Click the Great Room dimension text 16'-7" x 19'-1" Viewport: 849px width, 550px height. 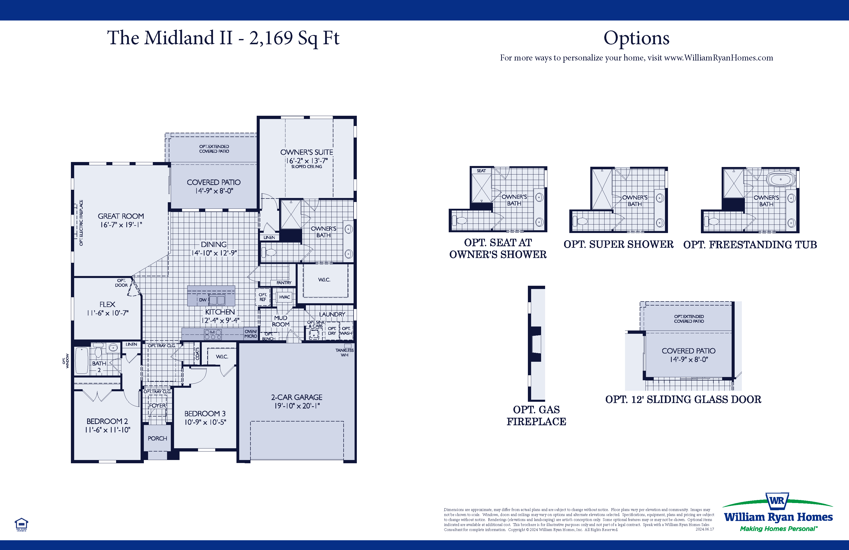[121, 225]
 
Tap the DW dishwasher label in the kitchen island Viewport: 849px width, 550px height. [203, 300]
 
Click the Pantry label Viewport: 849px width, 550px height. [284, 283]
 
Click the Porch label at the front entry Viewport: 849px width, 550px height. [157, 438]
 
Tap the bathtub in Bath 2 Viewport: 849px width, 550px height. [81, 361]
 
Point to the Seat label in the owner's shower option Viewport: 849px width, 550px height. [481, 171]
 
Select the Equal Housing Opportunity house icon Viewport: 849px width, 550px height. [21, 524]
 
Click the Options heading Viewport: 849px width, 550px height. [637, 38]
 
